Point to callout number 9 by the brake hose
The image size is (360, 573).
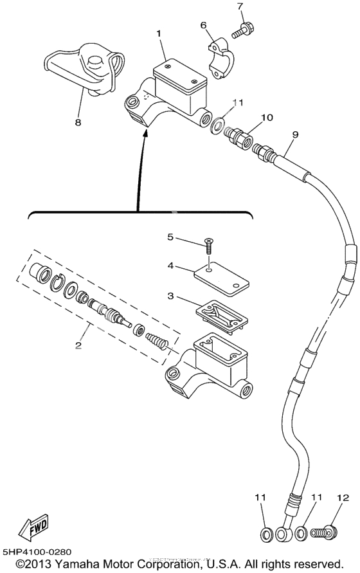point(295,135)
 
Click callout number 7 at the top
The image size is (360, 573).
point(240,7)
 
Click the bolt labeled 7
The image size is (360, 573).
point(245,29)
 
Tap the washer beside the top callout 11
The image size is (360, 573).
point(219,122)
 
